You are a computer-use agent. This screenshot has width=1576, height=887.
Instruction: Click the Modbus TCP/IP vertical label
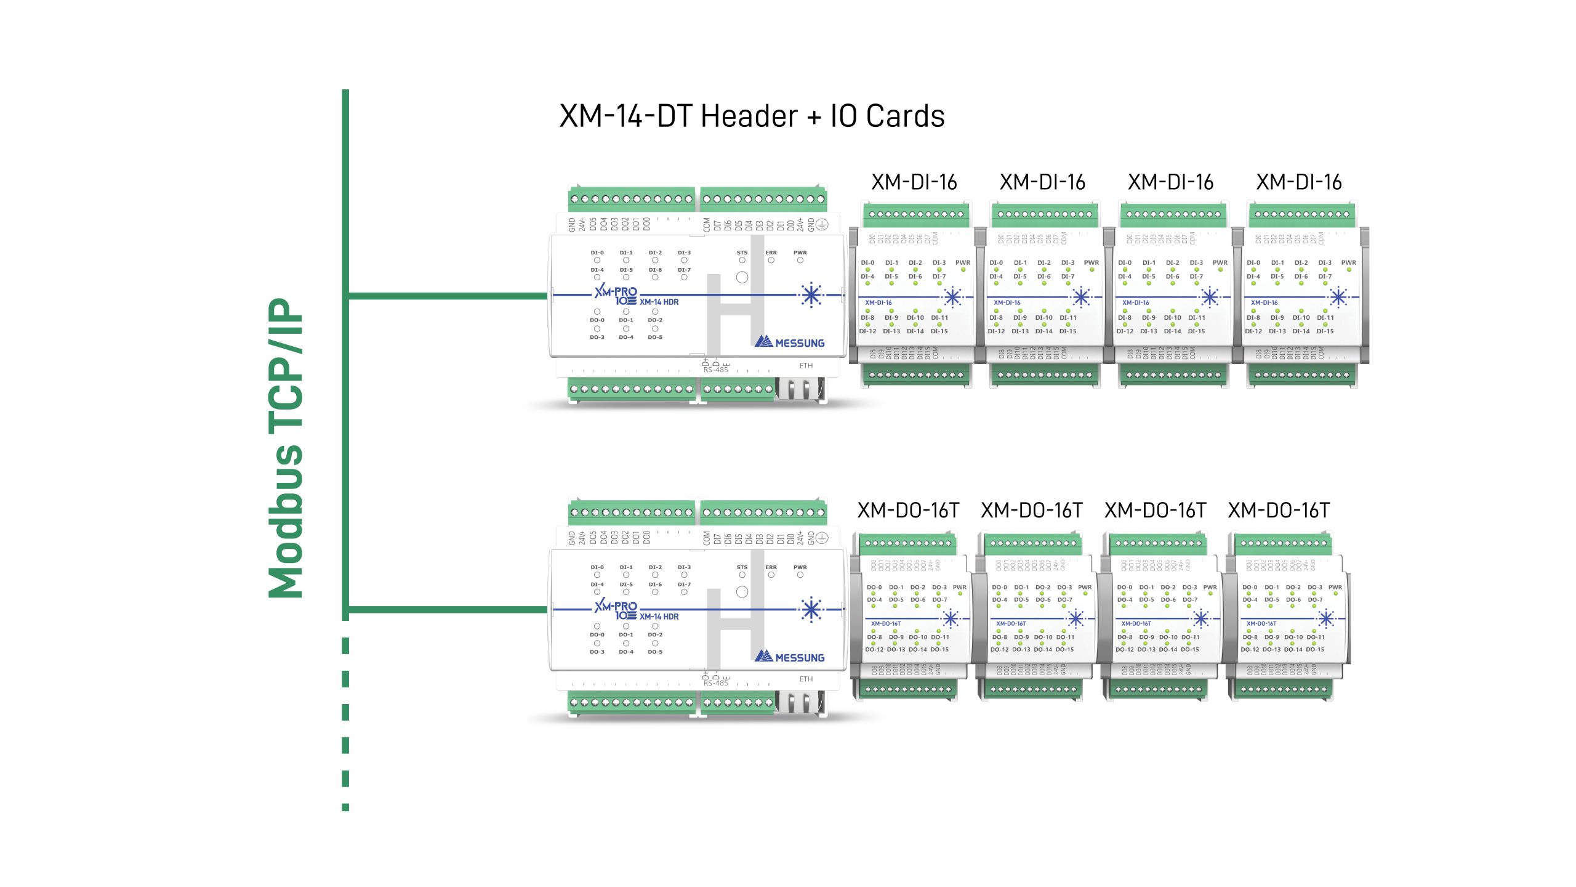click(x=286, y=448)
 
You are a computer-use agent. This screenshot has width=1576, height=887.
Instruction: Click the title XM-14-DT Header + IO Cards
click(x=752, y=116)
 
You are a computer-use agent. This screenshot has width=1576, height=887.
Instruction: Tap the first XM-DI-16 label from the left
click(x=914, y=182)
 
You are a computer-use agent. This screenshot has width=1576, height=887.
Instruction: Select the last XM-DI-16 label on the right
click(x=1298, y=182)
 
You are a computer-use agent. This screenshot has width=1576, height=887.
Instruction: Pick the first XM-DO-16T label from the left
click(x=908, y=511)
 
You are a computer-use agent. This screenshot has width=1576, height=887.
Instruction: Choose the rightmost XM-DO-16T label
click(x=1279, y=511)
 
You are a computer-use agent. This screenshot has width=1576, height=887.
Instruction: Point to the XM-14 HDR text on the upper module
click(x=659, y=302)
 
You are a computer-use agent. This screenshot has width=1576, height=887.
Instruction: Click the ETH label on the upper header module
click(x=806, y=366)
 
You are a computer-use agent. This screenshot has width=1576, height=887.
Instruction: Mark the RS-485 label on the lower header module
click(x=715, y=683)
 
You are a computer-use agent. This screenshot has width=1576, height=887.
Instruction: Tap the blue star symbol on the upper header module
click(x=811, y=296)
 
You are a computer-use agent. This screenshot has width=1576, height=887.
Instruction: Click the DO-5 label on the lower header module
click(x=655, y=652)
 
